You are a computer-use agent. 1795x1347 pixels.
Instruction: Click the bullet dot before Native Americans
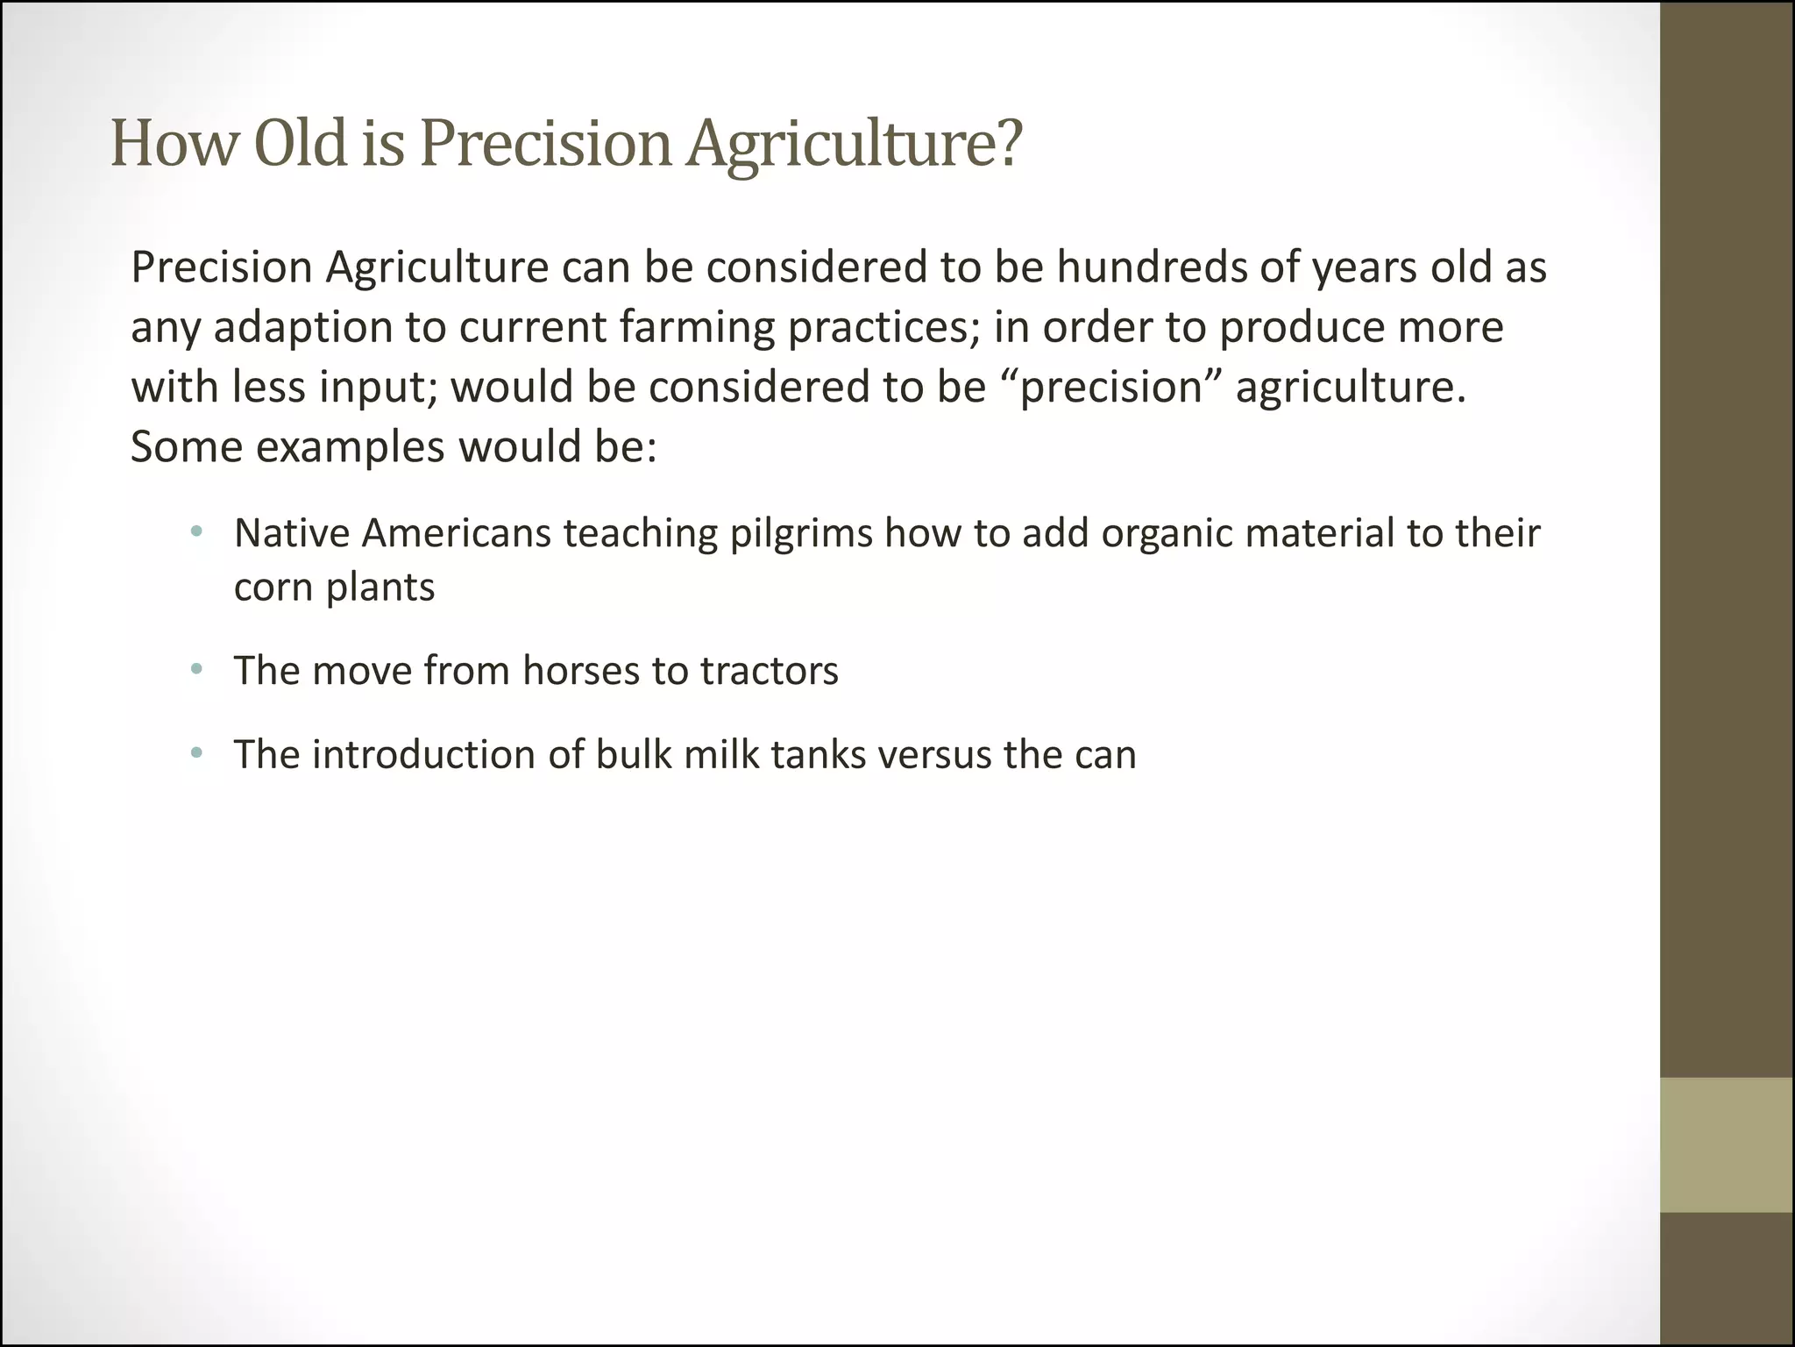196,531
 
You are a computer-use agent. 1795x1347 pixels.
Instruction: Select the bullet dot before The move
196,670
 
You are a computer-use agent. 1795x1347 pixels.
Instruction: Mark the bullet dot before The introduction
196,753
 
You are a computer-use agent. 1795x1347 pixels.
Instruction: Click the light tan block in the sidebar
1727,1144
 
